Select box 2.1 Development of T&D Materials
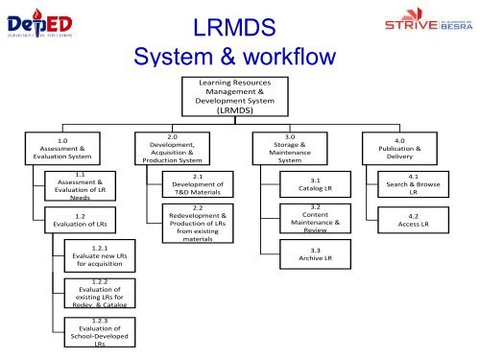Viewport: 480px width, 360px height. point(196,184)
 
